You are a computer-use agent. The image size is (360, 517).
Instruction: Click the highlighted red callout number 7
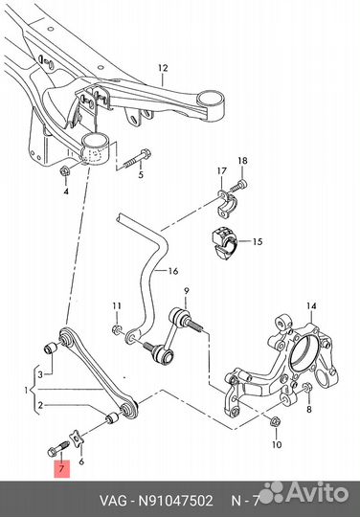[x=61, y=468]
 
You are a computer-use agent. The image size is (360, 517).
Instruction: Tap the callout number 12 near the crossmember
[x=163, y=68]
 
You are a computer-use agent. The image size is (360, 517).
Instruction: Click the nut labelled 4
[x=63, y=171]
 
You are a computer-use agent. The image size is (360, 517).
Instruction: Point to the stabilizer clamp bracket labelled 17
[x=228, y=205]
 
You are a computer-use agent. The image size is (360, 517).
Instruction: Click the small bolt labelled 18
[x=238, y=186]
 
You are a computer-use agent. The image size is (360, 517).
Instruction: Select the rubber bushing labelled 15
[x=223, y=242]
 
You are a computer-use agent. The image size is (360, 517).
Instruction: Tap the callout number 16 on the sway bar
[x=173, y=271]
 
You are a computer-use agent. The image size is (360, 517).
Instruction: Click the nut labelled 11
[x=117, y=329]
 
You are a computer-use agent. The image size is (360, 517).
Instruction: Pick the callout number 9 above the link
[x=187, y=291]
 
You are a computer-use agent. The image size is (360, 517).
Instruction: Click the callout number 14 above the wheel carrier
[x=311, y=306]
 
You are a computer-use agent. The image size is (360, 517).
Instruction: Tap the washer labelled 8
[x=306, y=388]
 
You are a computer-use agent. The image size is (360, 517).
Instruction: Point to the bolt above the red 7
[x=58, y=449]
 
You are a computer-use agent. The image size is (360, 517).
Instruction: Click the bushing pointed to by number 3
[x=52, y=348]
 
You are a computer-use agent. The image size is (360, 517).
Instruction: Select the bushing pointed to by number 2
[x=112, y=417]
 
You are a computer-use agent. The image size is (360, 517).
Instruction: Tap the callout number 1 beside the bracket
[x=26, y=391]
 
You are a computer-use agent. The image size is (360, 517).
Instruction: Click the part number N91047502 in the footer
[x=175, y=501]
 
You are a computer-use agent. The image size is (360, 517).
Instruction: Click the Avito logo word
[x=317, y=493]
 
